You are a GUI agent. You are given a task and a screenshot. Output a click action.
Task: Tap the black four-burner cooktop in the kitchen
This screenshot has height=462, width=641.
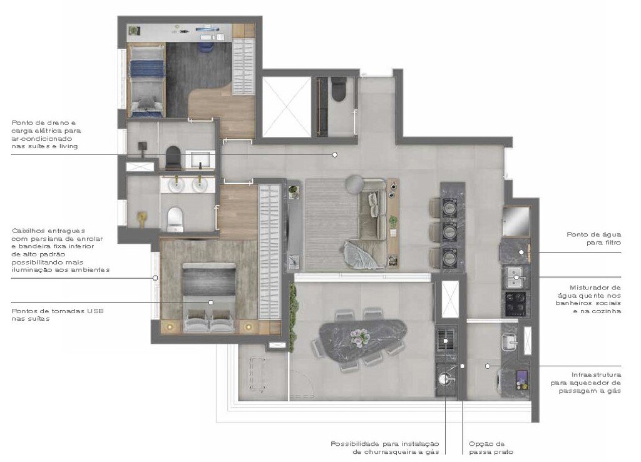[x=518, y=304]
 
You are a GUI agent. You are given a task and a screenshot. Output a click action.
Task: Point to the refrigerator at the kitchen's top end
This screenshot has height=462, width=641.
[x=516, y=221]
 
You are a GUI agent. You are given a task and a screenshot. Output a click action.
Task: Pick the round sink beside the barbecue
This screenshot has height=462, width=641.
[x=446, y=378]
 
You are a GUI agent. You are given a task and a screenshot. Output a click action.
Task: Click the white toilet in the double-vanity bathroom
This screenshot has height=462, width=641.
[x=174, y=218]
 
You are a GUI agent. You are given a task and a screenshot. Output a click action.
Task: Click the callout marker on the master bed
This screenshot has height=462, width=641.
[x=211, y=302]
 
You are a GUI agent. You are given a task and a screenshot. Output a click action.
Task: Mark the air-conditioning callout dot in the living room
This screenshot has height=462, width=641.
[x=335, y=154]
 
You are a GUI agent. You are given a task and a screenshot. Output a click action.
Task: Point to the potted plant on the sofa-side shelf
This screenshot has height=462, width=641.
[x=393, y=221]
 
